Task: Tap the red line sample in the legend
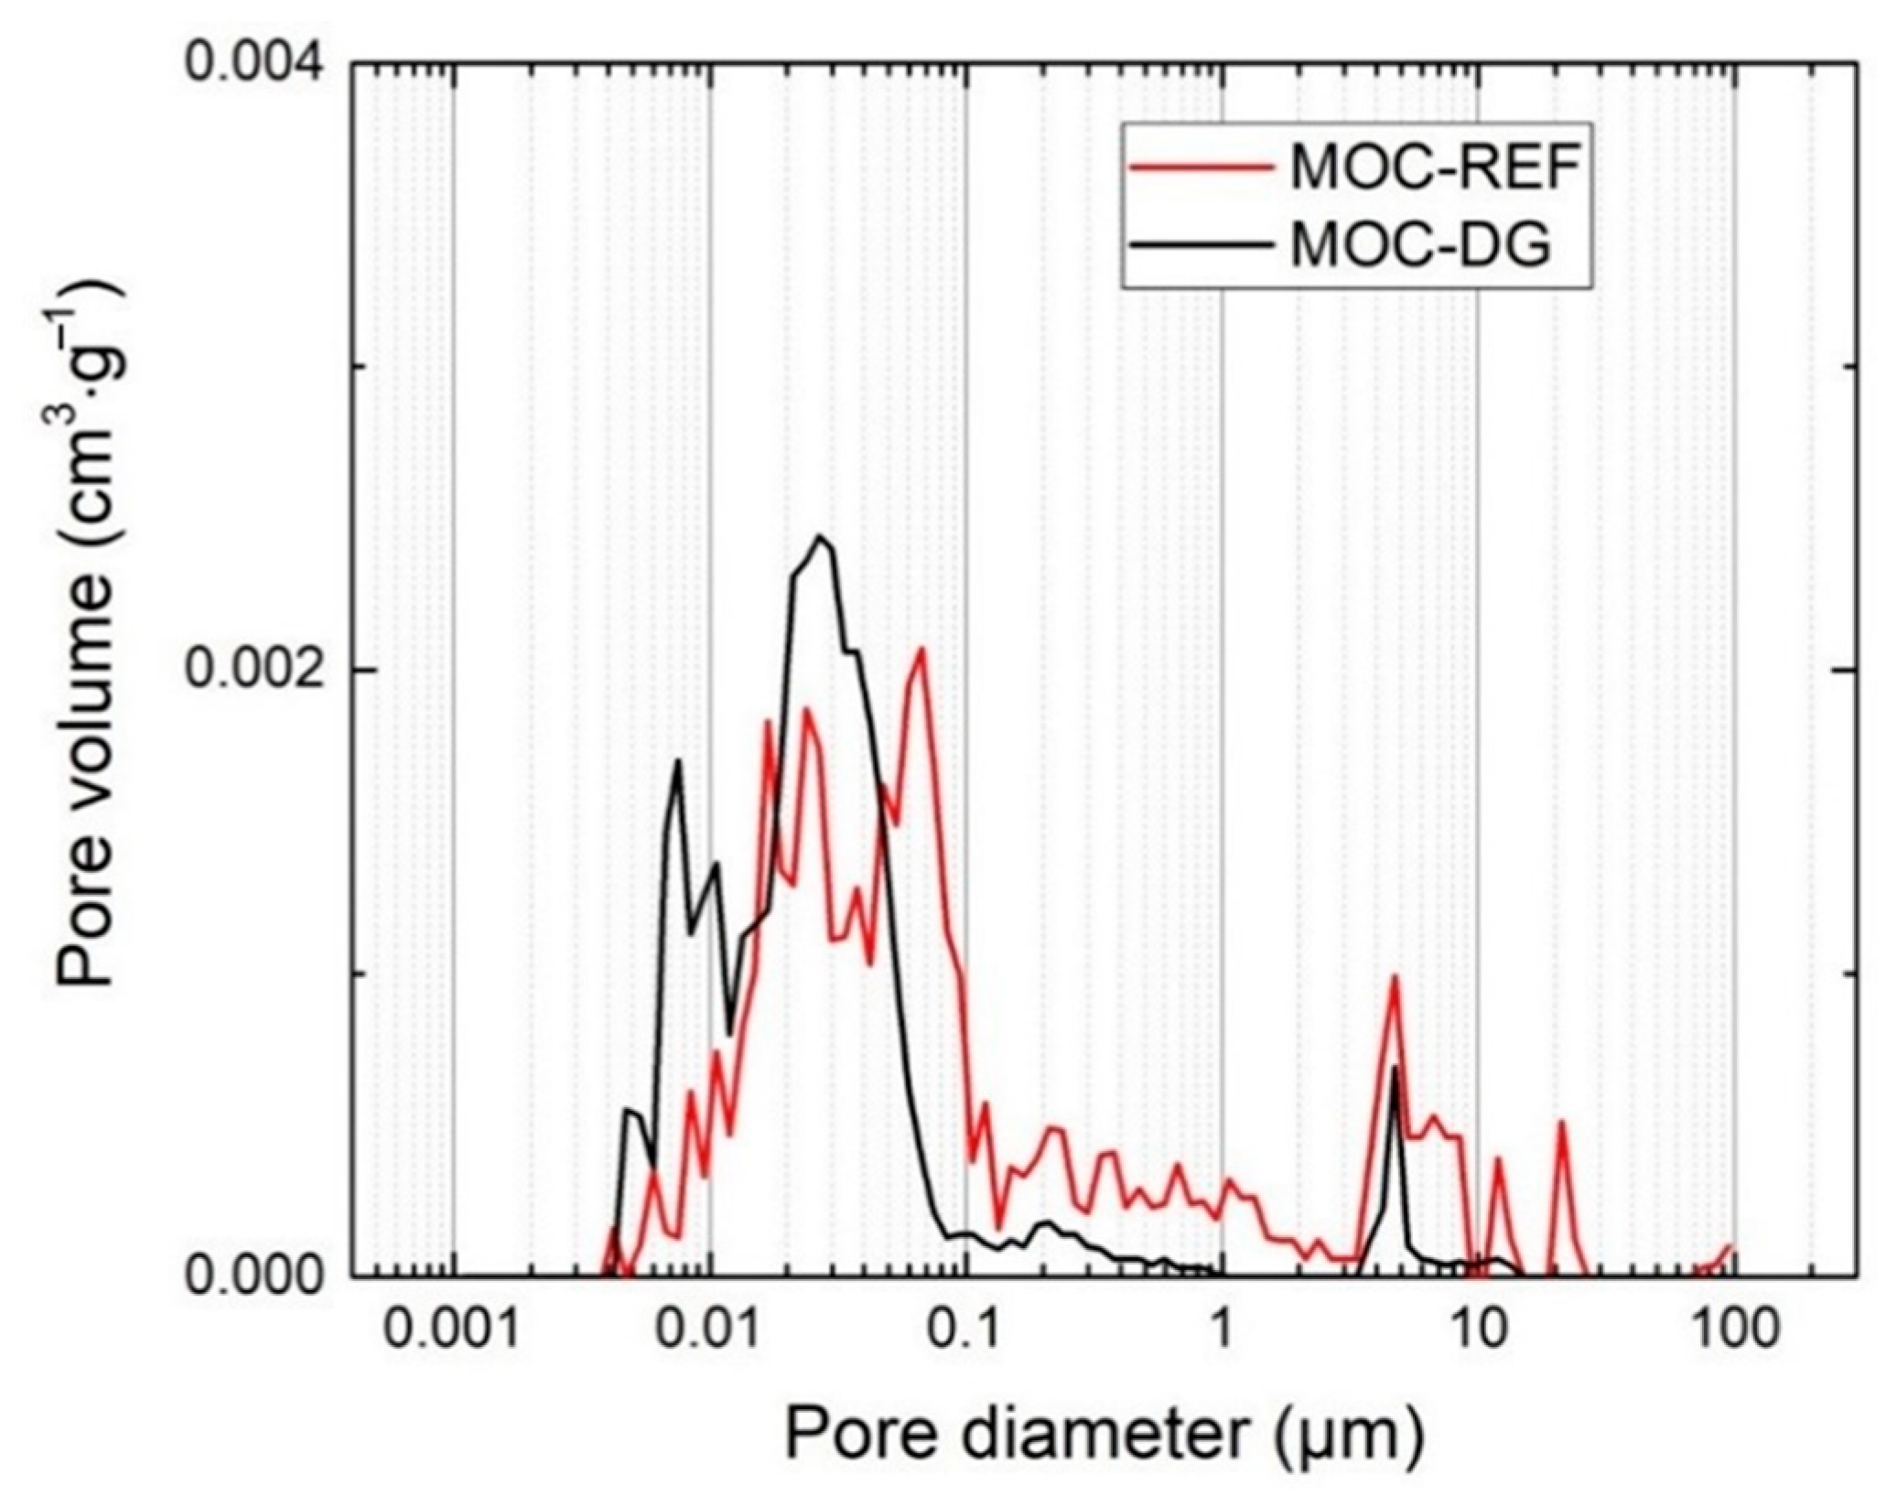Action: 1200,167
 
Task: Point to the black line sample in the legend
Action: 1200,245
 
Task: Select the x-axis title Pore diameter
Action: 1103,1434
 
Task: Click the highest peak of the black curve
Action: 821,537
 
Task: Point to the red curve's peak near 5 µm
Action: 1395,976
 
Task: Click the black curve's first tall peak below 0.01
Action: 678,760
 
